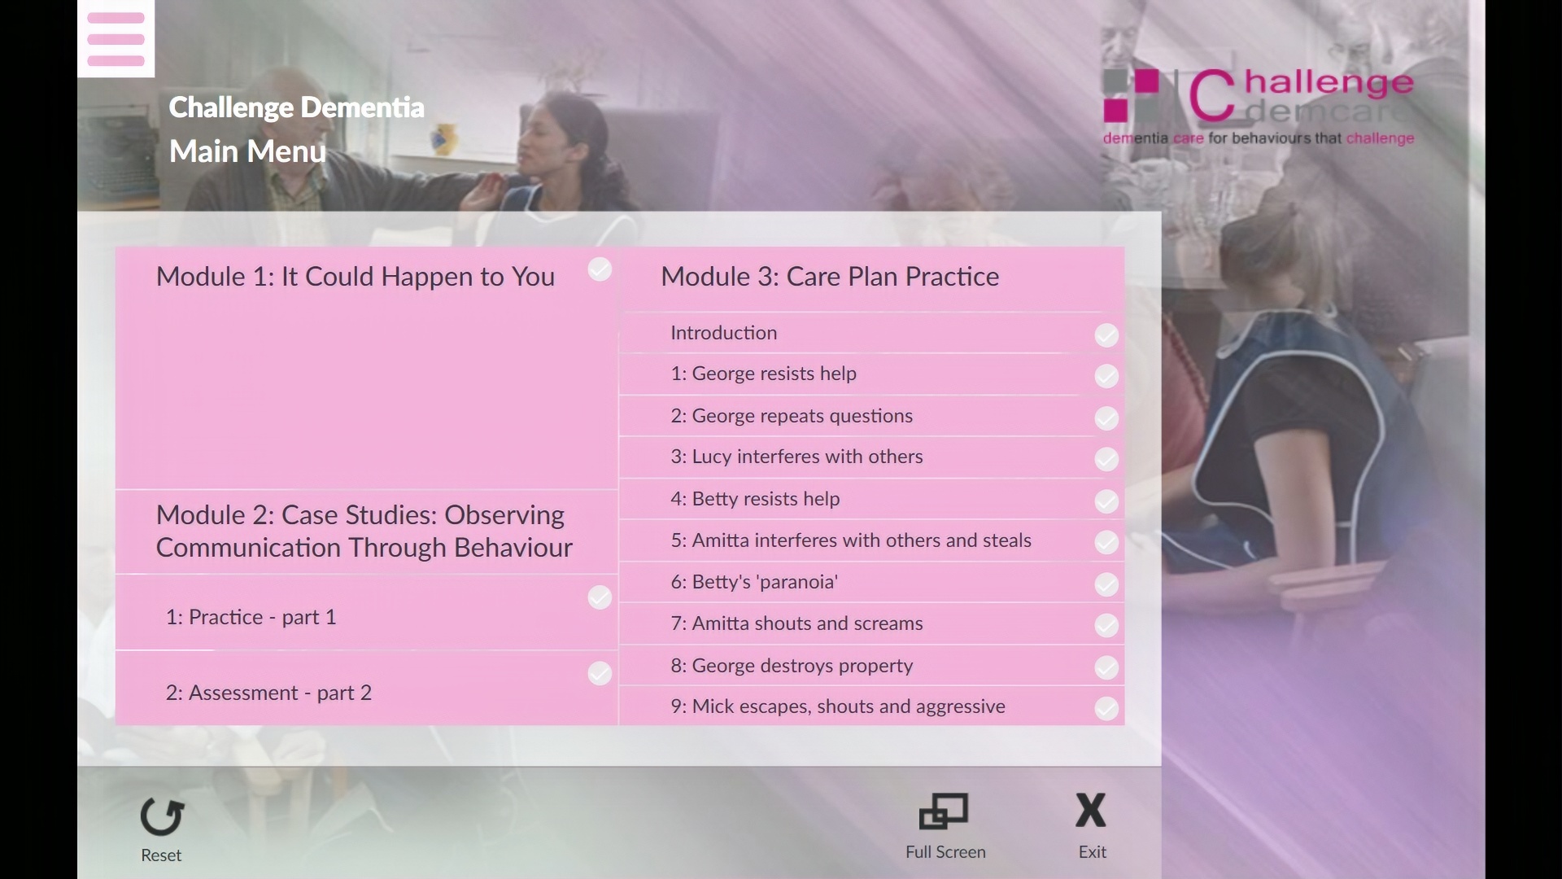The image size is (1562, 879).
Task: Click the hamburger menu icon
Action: click(x=116, y=38)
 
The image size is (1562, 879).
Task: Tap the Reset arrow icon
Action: click(x=162, y=816)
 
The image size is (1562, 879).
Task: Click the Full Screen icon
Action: click(x=944, y=811)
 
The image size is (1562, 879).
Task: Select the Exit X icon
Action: click(x=1091, y=811)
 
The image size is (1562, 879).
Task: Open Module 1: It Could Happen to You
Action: click(x=356, y=277)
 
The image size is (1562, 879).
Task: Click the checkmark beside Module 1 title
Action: click(x=600, y=269)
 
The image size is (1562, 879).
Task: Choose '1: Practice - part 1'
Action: click(x=251, y=617)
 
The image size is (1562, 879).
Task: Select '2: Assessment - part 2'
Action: click(x=268, y=693)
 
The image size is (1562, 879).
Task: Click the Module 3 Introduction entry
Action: click(x=723, y=333)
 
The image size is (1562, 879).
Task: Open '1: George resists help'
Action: click(x=763, y=374)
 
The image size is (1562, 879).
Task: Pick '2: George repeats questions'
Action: click(x=792, y=416)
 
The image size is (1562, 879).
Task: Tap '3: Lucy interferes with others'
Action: click(x=796, y=457)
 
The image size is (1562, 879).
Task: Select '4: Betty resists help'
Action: click(x=755, y=499)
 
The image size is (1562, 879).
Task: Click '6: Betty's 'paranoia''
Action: click(x=754, y=582)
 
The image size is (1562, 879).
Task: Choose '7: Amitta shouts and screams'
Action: click(x=796, y=623)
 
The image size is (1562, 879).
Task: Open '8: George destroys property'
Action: click(x=792, y=666)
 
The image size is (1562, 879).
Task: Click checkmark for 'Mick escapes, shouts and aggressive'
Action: click(x=1106, y=708)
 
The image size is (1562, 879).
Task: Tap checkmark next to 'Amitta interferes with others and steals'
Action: click(x=1106, y=542)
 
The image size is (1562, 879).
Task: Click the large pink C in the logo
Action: click(x=1211, y=96)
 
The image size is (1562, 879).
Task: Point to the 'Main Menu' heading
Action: click(x=247, y=151)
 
